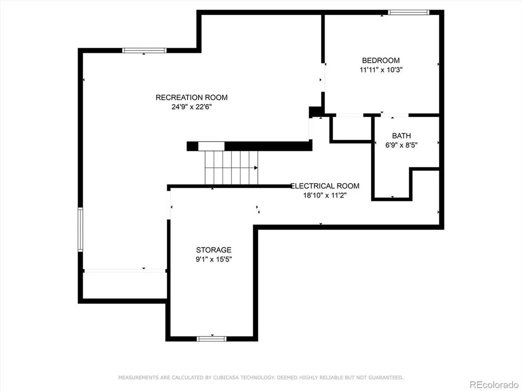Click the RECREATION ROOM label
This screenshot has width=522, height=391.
(x=191, y=97)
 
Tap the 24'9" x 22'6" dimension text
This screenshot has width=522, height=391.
(x=192, y=107)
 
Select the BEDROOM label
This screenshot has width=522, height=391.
(x=381, y=61)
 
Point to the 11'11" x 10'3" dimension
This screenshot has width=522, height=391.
(x=381, y=70)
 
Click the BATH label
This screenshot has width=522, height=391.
(x=401, y=136)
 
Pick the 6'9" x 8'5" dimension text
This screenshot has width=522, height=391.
(x=401, y=145)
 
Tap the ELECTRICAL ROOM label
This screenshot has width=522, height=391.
(x=325, y=186)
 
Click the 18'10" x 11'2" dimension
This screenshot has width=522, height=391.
(x=325, y=195)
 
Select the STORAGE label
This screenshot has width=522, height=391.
(x=214, y=250)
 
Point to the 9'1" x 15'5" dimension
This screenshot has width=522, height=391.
(x=214, y=259)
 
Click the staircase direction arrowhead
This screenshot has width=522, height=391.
(x=256, y=168)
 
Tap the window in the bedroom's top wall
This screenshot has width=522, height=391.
(x=408, y=13)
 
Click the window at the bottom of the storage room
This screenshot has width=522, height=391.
(x=212, y=339)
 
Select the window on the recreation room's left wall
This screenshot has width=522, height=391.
(x=80, y=230)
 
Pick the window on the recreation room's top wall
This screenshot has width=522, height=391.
(x=144, y=50)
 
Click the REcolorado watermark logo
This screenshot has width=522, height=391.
(x=494, y=385)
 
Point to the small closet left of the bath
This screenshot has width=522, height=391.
(x=351, y=128)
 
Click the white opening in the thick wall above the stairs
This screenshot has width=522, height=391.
(x=212, y=146)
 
